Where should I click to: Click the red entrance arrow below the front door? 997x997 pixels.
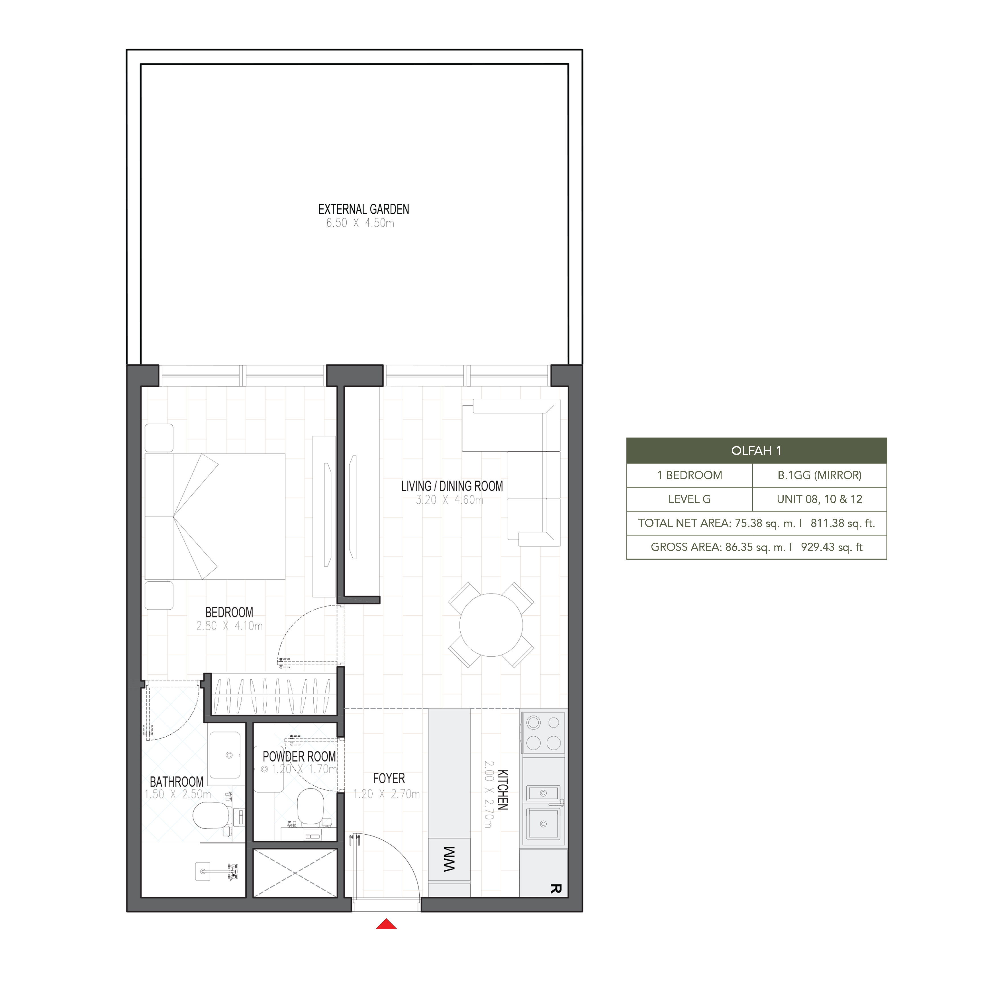386,924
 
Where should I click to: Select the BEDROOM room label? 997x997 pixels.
229,612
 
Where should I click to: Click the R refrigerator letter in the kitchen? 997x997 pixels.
555,889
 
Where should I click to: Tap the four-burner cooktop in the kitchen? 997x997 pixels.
544,733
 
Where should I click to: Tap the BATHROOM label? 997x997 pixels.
177,782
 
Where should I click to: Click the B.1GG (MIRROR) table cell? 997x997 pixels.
820,475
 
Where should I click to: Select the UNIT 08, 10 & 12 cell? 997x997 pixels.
820,499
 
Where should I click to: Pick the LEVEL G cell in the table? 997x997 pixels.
689,499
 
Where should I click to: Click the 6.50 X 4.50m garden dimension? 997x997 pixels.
360,223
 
